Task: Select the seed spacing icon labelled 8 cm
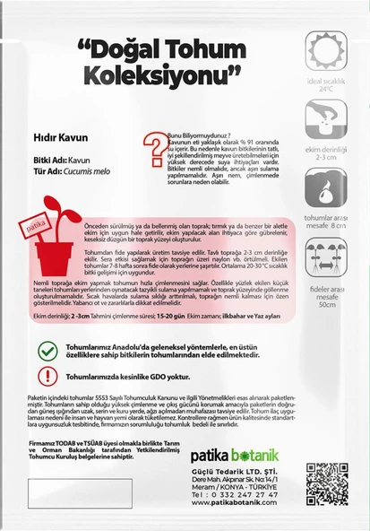tap(326, 187)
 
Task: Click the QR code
tap(326, 483)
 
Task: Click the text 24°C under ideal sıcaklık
tap(326, 90)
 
